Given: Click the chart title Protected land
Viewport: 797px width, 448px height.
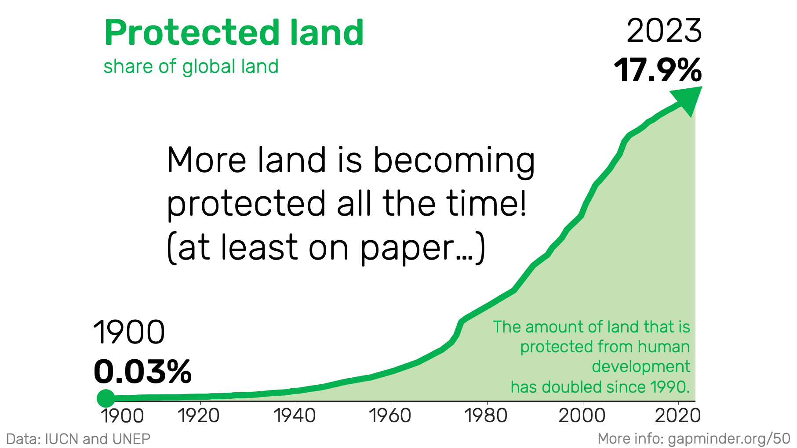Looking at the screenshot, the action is pyautogui.click(x=234, y=33).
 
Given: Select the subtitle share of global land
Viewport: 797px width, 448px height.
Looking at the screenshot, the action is pyautogui.click(x=191, y=67).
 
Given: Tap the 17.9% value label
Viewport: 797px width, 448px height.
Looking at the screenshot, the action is pyautogui.click(x=658, y=70).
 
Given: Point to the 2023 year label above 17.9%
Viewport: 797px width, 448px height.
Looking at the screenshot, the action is pyautogui.click(x=664, y=31).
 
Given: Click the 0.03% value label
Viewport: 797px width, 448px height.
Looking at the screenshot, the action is pyautogui.click(x=142, y=372).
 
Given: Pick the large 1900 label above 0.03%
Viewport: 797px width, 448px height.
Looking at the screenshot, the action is pyautogui.click(x=129, y=332).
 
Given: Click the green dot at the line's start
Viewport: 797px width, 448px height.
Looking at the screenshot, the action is pyautogui.click(x=106, y=398).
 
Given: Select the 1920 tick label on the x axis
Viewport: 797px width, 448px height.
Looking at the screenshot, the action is pyautogui.click(x=199, y=415).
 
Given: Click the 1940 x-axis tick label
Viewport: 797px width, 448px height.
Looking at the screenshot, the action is pyautogui.click(x=295, y=415).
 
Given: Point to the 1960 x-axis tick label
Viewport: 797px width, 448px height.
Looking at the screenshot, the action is pyautogui.click(x=390, y=415).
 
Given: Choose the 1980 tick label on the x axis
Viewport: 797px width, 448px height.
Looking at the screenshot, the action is pyautogui.click(x=486, y=415).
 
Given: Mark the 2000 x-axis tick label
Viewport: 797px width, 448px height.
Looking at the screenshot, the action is pyautogui.click(x=582, y=415).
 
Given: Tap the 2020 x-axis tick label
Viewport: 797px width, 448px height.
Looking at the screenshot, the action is pyautogui.click(x=678, y=415).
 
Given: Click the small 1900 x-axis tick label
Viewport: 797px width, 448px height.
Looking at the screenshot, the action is pyautogui.click(x=123, y=415).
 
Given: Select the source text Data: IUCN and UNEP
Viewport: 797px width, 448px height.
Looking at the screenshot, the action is pyautogui.click(x=78, y=439).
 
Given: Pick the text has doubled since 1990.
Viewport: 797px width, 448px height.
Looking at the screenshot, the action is pyautogui.click(x=600, y=387).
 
